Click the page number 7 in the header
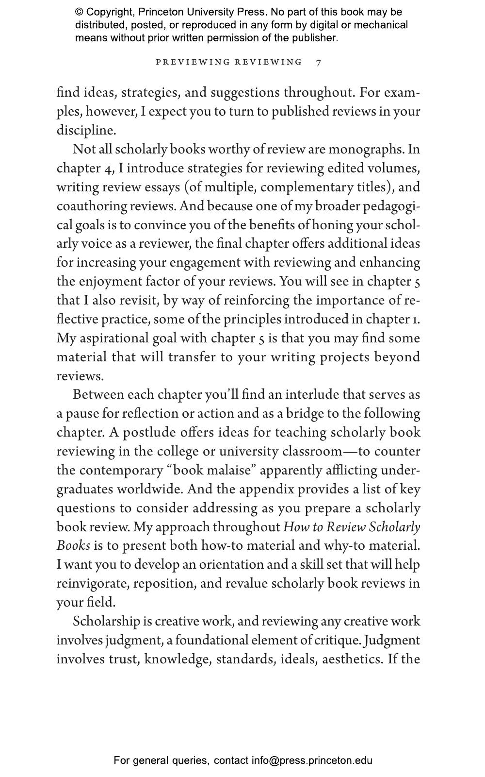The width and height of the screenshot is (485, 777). (318, 62)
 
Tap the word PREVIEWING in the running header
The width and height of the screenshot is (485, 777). (193, 62)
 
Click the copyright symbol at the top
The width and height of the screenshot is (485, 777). (80, 12)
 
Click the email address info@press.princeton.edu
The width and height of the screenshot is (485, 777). (312, 760)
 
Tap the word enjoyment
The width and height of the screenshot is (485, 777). (111, 282)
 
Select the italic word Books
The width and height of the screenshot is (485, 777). (73, 546)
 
